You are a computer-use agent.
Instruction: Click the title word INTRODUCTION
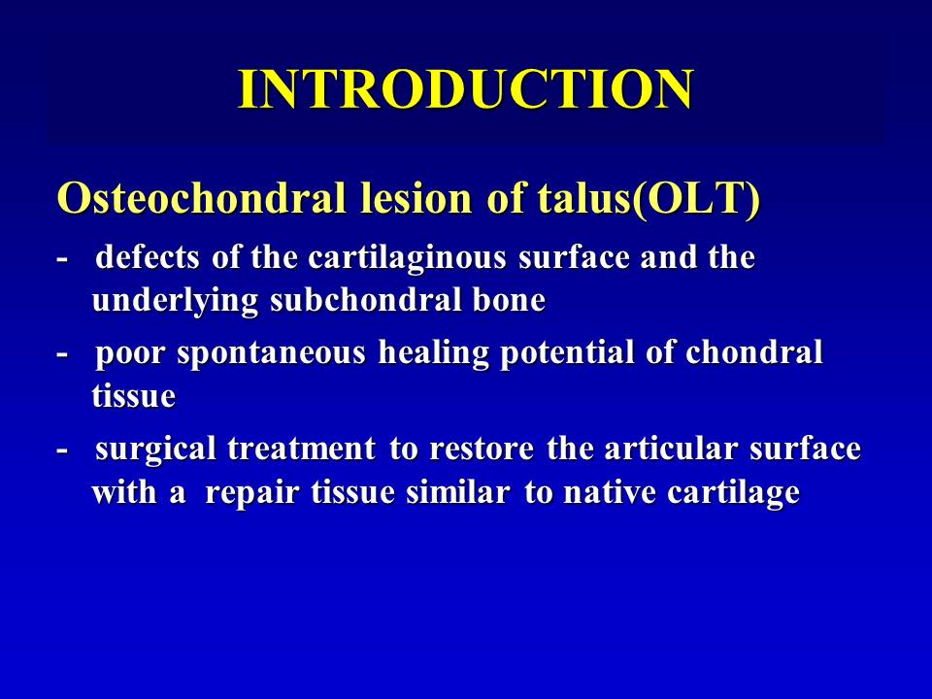(465, 89)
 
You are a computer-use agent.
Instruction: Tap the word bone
(510, 300)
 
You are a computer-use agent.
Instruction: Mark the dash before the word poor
(61, 355)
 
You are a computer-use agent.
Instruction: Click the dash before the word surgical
(61, 450)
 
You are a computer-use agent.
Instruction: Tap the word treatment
(301, 449)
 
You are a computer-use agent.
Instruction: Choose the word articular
(671, 449)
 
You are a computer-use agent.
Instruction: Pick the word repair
(251, 494)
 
